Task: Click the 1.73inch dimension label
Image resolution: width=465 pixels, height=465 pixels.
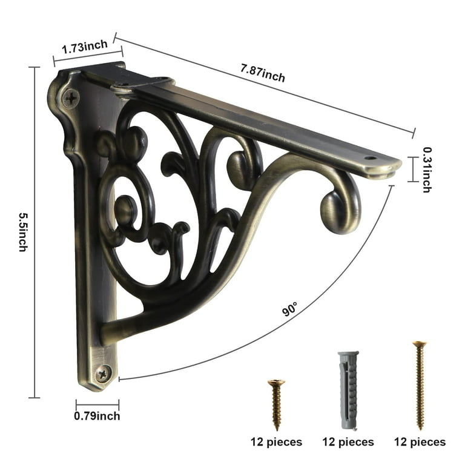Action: click(x=85, y=47)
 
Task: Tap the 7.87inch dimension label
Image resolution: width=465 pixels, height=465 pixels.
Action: click(x=263, y=73)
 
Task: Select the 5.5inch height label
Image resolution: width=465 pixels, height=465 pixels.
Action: click(x=23, y=232)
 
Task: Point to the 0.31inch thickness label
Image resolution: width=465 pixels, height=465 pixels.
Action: click(x=427, y=170)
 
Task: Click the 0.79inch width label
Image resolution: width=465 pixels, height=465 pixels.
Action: click(x=97, y=416)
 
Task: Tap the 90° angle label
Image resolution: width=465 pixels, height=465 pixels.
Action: click(x=289, y=309)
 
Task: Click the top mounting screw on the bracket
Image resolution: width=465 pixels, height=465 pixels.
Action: click(x=71, y=98)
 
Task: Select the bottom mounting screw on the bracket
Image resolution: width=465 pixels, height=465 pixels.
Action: click(x=103, y=374)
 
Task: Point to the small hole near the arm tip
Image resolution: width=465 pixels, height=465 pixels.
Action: click(x=369, y=158)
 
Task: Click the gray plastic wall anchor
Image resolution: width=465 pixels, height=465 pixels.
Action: click(x=349, y=391)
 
